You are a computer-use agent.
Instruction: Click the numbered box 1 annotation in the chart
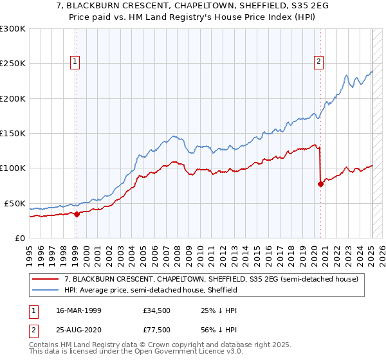pos(75,62)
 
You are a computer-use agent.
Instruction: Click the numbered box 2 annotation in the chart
pos(318,62)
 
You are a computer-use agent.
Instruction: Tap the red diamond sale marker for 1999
pos(77,214)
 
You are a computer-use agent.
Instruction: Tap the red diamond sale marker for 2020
pos(320,184)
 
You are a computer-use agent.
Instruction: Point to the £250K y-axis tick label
pos(13,64)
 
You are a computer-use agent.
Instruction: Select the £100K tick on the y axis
pos(13,168)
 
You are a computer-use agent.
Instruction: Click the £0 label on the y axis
pos(19,238)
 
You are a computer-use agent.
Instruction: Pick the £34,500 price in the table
pos(157,310)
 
